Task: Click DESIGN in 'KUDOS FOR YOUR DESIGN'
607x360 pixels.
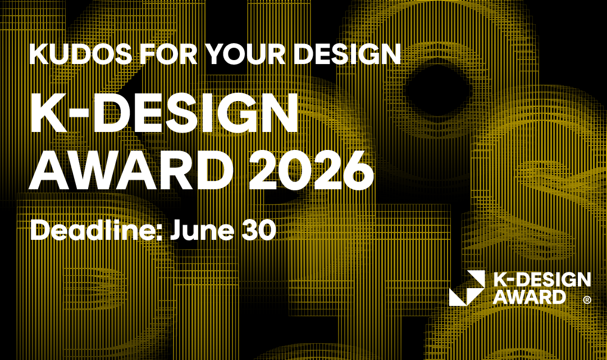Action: [x=347, y=53]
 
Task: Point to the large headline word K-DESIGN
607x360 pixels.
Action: [x=164, y=113]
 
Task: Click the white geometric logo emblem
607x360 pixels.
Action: [x=467, y=288]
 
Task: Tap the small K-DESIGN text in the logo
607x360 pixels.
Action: [x=542, y=280]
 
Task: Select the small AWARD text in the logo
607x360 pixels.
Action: [x=529, y=297]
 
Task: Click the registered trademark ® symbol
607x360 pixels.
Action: [x=587, y=300]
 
